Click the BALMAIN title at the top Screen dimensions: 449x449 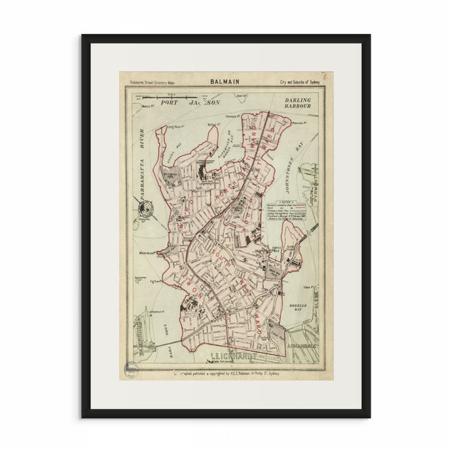pos(224,82)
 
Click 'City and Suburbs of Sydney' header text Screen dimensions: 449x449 pos(299,83)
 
